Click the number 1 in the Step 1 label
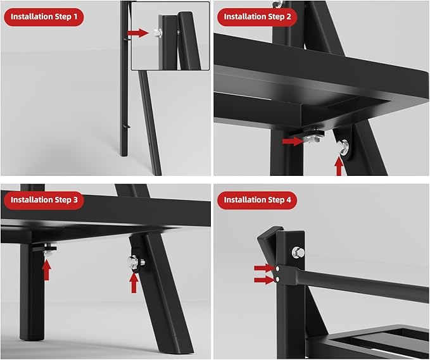(x=75, y=16)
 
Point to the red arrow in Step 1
(x=138, y=33)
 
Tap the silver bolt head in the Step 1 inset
(x=158, y=33)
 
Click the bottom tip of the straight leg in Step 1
(x=123, y=156)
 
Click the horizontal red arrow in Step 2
(x=293, y=141)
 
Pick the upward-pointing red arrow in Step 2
(x=339, y=166)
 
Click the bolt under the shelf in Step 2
(x=315, y=136)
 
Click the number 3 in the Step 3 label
(x=75, y=200)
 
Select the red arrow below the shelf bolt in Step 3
(x=47, y=270)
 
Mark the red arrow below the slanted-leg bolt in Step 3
(x=134, y=283)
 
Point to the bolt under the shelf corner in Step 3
(x=48, y=252)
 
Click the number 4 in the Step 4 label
(x=289, y=200)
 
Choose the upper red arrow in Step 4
(x=264, y=268)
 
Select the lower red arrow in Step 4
(x=264, y=280)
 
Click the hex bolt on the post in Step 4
(x=298, y=252)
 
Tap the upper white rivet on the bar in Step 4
(x=278, y=268)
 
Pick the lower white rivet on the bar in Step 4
(x=277, y=279)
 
